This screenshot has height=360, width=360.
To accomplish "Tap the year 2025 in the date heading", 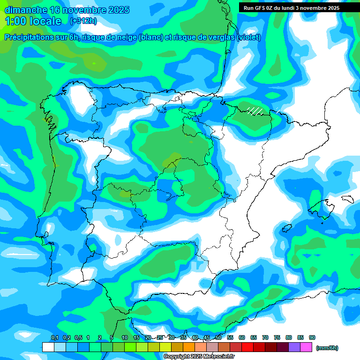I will pyautogui.click(x=117, y=10).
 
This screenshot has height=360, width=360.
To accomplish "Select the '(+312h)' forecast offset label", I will pyautogui.click(x=83, y=21).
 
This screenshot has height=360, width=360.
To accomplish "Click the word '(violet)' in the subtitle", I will pyautogui.click(x=248, y=37).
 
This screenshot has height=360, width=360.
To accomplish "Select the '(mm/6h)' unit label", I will pyautogui.click(x=327, y=348).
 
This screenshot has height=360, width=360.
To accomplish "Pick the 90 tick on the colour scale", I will pyautogui.click(x=312, y=338).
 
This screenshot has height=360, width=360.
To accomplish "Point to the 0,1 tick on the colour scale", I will pyautogui.click(x=54, y=338).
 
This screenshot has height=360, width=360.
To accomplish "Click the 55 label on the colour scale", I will pyautogui.click(x=230, y=338).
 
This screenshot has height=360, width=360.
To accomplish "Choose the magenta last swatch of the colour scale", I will pyautogui.click(x=306, y=347).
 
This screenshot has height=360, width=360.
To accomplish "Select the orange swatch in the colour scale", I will pyautogui.click(x=188, y=347).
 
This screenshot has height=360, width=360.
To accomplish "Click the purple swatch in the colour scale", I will pyautogui.click(x=294, y=347).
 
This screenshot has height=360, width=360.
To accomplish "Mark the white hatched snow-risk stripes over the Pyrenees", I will pyautogui.click(x=255, y=111).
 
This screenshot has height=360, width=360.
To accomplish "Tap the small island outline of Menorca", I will pyautogui.click(x=347, y=199).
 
